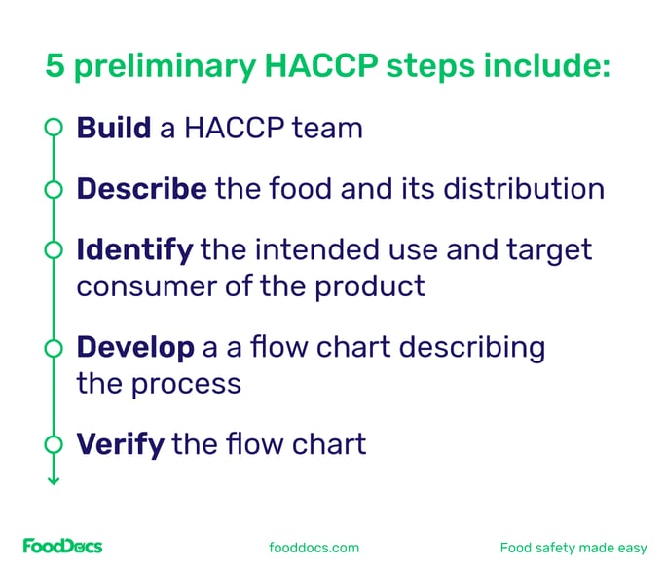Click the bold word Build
point(113,128)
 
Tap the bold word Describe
point(141,188)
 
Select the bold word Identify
point(134,249)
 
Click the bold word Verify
point(120,444)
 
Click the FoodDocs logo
point(63,547)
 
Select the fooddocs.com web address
point(314,548)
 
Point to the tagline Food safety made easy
point(573,548)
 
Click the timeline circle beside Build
point(53,128)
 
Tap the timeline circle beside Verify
point(53,445)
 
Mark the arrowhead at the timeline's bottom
point(53,478)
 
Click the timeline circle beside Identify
point(53,250)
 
